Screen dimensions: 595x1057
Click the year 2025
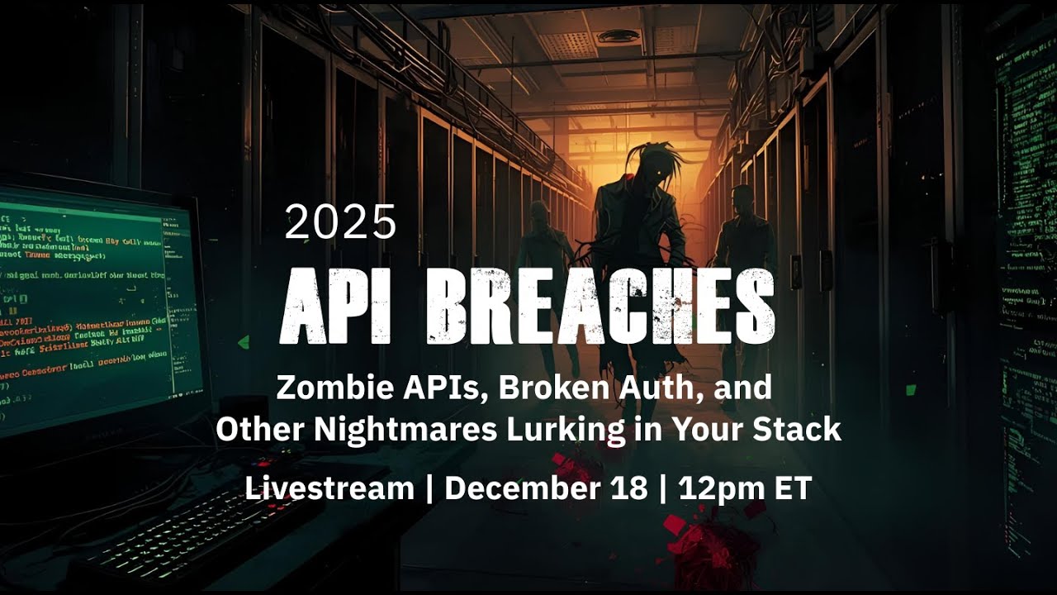point(340,222)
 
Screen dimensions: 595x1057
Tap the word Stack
point(803,430)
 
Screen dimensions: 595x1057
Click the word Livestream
point(329,488)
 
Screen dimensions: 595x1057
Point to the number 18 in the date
point(633,488)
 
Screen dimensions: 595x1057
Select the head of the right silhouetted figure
point(741,199)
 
